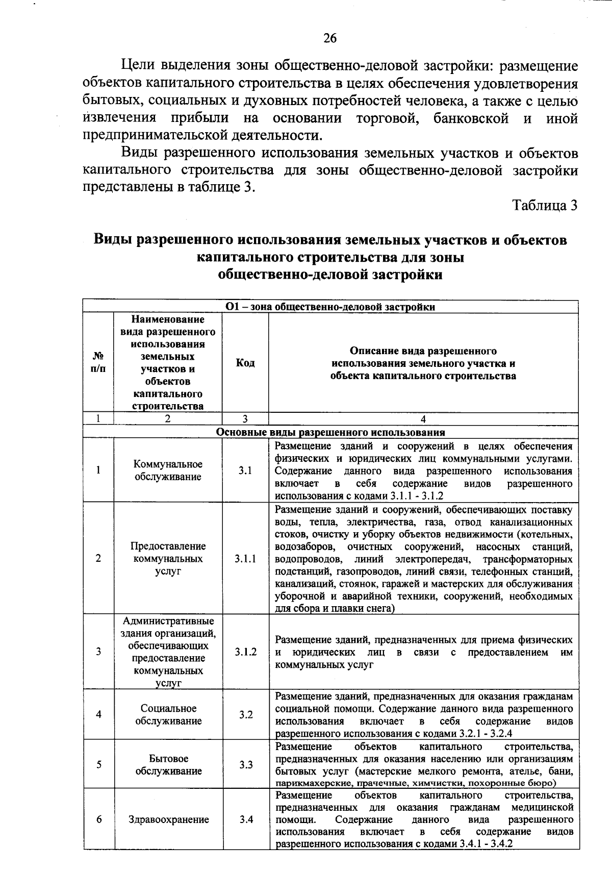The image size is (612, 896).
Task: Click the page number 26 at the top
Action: tap(330, 39)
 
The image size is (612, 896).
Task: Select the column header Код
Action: tap(245, 363)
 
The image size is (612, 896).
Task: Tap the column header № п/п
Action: tap(98, 363)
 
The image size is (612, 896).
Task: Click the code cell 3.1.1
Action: tap(245, 559)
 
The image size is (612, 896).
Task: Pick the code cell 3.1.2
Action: tap(245, 652)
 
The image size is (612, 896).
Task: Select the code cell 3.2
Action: tap(246, 714)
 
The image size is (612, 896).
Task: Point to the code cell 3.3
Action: tap(246, 765)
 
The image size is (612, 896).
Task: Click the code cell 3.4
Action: tap(246, 819)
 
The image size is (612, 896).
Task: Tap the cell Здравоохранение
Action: tap(168, 819)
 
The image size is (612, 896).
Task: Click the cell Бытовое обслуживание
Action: tap(168, 765)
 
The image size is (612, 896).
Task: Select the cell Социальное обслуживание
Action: tap(168, 714)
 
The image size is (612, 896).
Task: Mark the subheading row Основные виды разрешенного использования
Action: tap(330, 432)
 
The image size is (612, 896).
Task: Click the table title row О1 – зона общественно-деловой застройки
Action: tap(330, 307)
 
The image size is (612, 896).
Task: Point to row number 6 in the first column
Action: tap(98, 819)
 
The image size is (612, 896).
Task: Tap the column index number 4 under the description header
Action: tap(423, 419)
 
